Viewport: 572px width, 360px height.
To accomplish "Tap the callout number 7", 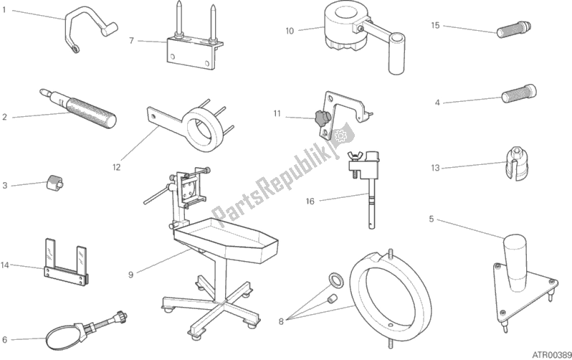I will click(131, 41).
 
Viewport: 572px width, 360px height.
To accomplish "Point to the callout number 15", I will click(434, 25).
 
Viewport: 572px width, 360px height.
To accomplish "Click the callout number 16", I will click(310, 202).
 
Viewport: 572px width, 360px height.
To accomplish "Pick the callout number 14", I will click(6, 265).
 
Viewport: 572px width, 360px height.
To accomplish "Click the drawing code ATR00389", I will click(548, 352).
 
